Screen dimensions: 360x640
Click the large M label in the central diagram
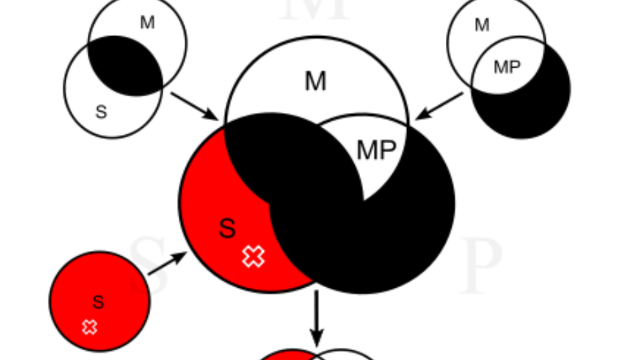pos(315,82)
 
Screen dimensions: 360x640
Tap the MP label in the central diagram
pos(376,150)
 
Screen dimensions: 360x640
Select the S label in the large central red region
pos(227,228)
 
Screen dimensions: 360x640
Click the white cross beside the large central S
pos(254,256)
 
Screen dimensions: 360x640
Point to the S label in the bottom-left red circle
pos(98,302)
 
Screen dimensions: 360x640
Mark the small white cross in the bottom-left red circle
pos(90,327)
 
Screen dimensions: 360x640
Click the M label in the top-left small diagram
pos(147,23)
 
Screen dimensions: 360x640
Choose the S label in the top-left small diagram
pos(101,112)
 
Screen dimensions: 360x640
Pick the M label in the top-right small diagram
pos(482,25)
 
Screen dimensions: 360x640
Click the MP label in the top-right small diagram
pos(506,67)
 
